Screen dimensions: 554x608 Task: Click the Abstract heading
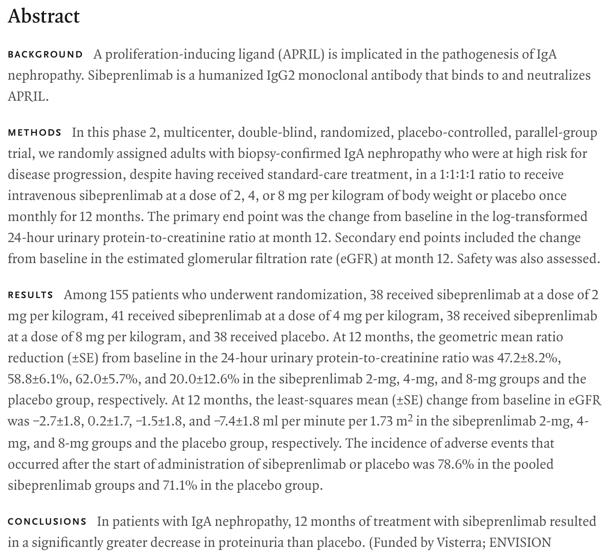[x=44, y=17]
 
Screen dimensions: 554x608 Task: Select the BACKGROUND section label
[x=45, y=54]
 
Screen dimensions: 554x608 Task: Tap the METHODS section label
[x=35, y=133]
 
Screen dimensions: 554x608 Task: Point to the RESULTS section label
[x=30, y=295]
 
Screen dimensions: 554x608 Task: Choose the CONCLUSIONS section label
[x=47, y=522]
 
